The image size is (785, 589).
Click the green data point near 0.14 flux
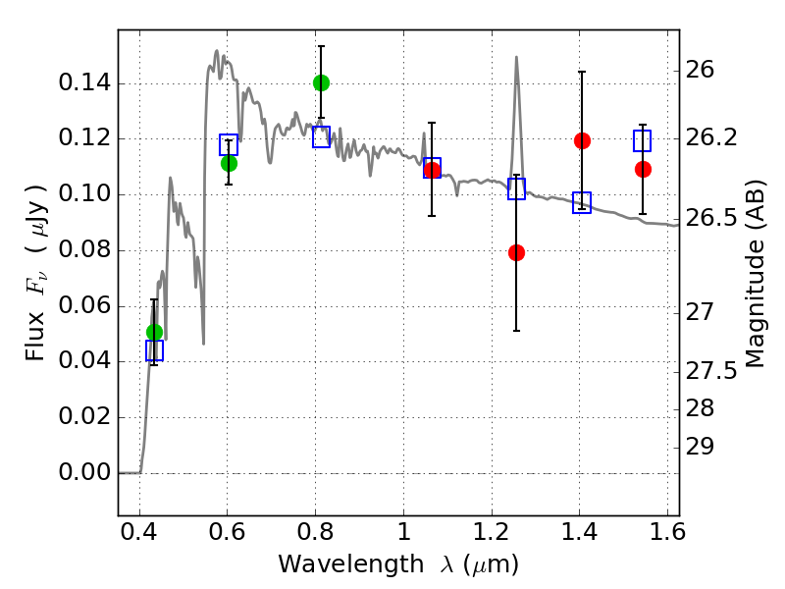(x=322, y=82)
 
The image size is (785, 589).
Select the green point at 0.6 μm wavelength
(x=229, y=163)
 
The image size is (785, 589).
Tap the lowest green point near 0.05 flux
(x=155, y=332)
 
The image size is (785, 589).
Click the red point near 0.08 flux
(x=517, y=253)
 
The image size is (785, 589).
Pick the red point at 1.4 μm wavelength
(x=582, y=140)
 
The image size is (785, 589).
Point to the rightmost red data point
(x=643, y=170)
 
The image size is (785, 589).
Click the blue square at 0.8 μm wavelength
(x=322, y=136)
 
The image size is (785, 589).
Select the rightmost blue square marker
(x=643, y=140)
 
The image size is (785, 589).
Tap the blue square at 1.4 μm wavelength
(x=582, y=202)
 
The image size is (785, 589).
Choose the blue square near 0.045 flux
(x=155, y=350)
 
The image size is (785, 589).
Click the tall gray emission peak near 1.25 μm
(x=516, y=57)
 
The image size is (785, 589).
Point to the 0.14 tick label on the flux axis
(x=84, y=82)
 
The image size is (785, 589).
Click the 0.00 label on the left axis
(x=84, y=472)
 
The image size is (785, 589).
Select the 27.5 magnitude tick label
(x=710, y=372)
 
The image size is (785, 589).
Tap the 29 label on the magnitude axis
(x=700, y=447)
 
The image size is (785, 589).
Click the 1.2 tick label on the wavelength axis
(x=492, y=532)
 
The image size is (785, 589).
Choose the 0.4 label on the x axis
(x=139, y=532)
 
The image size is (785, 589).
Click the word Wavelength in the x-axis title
(x=351, y=564)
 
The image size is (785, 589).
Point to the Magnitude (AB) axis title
(x=756, y=274)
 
